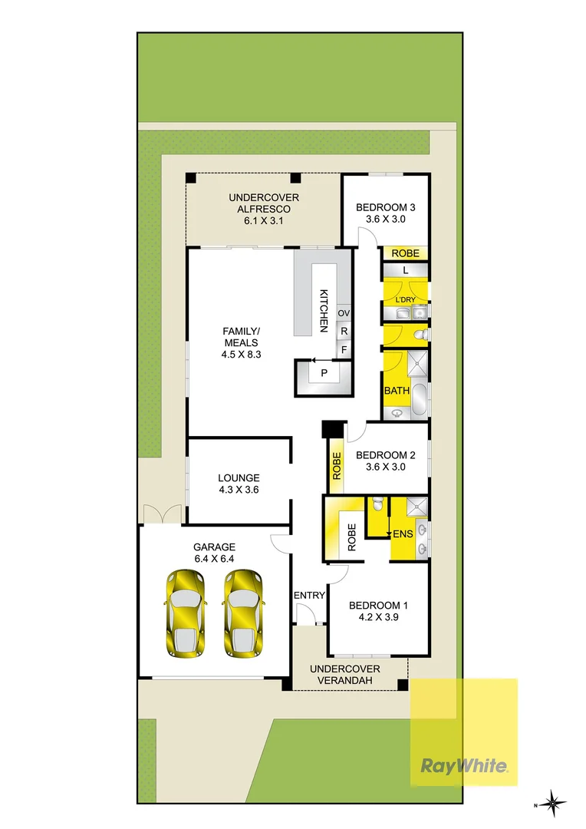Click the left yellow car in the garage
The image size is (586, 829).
[x=185, y=613]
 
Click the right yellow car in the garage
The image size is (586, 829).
[x=243, y=613]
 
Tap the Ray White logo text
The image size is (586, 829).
[x=463, y=765]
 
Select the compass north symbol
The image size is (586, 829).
[x=551, y=804]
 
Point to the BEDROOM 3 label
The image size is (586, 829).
[x=385, y=207]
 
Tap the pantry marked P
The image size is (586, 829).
[x=324, y=373]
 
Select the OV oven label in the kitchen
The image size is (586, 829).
[x=344, y=313]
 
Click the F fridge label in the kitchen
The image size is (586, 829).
[x=344, y=349]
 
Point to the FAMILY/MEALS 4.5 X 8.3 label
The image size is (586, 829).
[x=240, y=342]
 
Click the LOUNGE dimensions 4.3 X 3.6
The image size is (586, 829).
[x=239, y=489]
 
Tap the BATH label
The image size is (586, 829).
[x=397, y=391]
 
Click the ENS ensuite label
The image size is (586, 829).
[x=403, y=533]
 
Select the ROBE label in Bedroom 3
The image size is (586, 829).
[x=404, y=253]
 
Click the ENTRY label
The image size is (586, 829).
[x=309, y=596]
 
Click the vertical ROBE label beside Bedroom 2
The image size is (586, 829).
[x=336, y=466]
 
